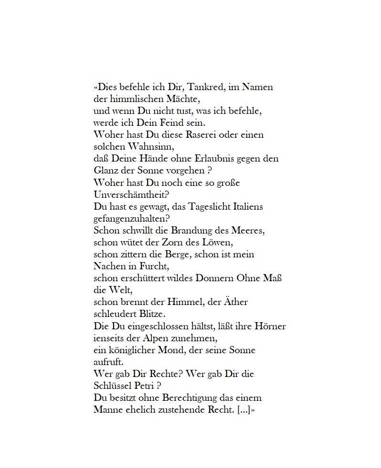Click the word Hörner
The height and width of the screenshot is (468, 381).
271,326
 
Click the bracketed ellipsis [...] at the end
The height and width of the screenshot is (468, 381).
243,410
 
